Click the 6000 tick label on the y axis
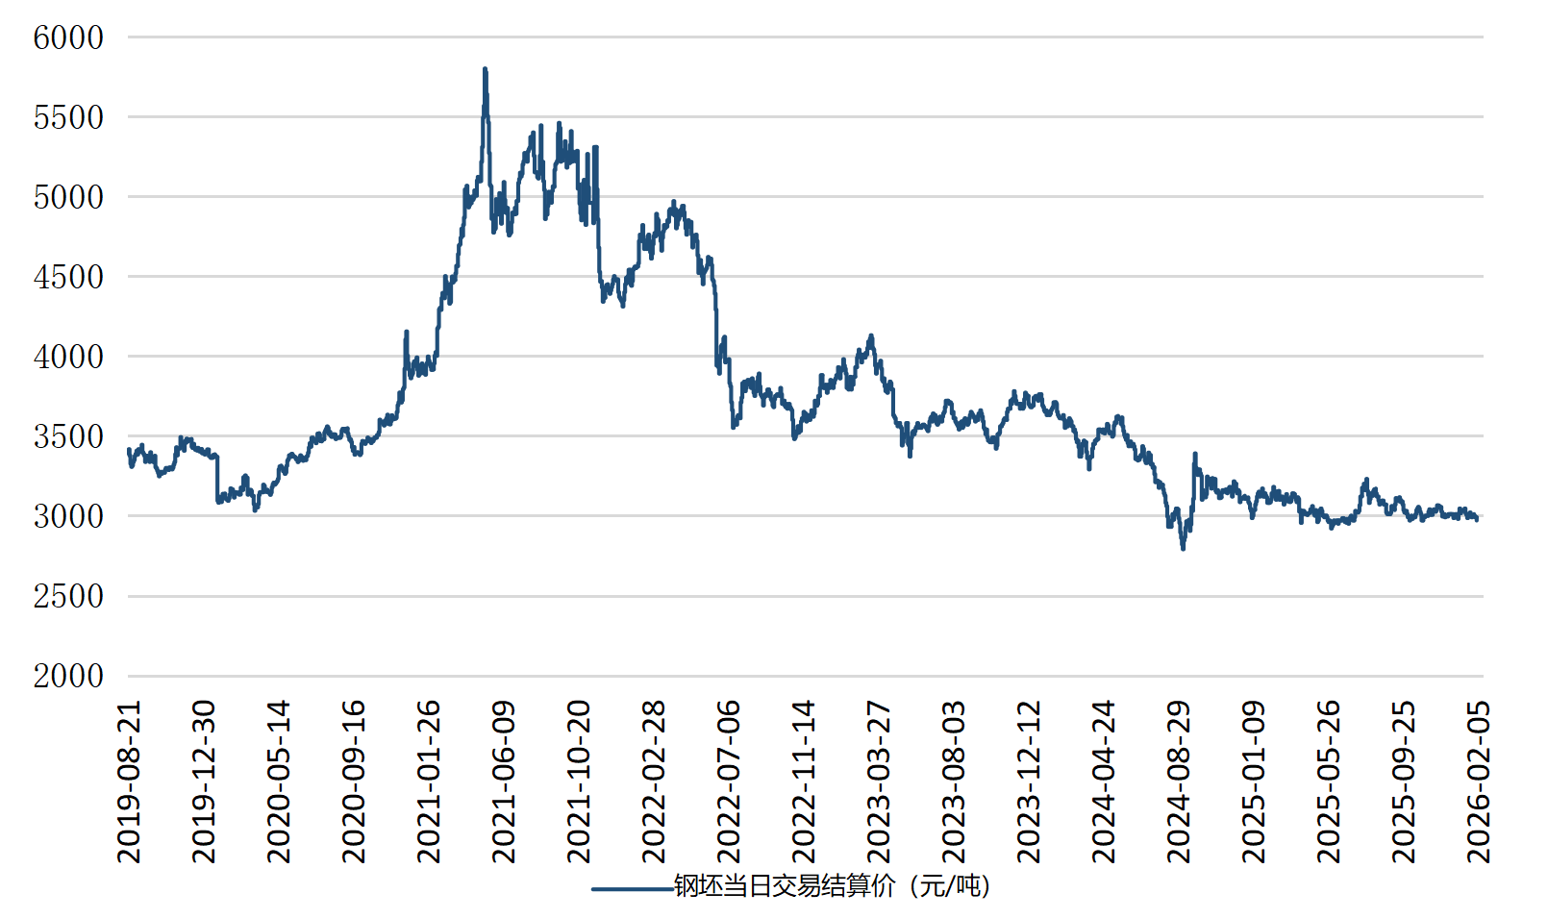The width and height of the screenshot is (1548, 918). point(68,38)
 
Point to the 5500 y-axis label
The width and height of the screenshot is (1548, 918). point(68,118)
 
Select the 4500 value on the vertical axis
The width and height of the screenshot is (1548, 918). point(68,278)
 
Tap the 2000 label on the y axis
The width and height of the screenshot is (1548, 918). point(68,677)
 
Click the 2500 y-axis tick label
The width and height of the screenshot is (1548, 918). point(68,597)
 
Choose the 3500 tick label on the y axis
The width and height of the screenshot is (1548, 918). point(68,437)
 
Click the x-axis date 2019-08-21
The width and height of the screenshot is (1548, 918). point(129,781)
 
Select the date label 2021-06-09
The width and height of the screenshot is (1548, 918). point(504,781)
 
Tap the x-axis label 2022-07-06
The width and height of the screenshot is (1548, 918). point(729,781)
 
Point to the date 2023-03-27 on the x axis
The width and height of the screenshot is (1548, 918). point(879,781)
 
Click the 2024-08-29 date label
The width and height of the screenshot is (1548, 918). point(1179,781)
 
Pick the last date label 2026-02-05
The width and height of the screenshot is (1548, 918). point(1479,781)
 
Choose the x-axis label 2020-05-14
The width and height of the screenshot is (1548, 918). point(279,781)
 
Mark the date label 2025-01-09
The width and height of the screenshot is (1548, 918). point(1254,781)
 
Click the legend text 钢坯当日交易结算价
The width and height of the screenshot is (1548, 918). point(833,885)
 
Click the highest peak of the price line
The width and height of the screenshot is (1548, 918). point(486,70)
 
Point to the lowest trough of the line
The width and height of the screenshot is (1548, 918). point(1183,548)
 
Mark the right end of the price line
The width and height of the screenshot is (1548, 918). point(1477,519)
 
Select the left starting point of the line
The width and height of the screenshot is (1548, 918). point(129,450)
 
